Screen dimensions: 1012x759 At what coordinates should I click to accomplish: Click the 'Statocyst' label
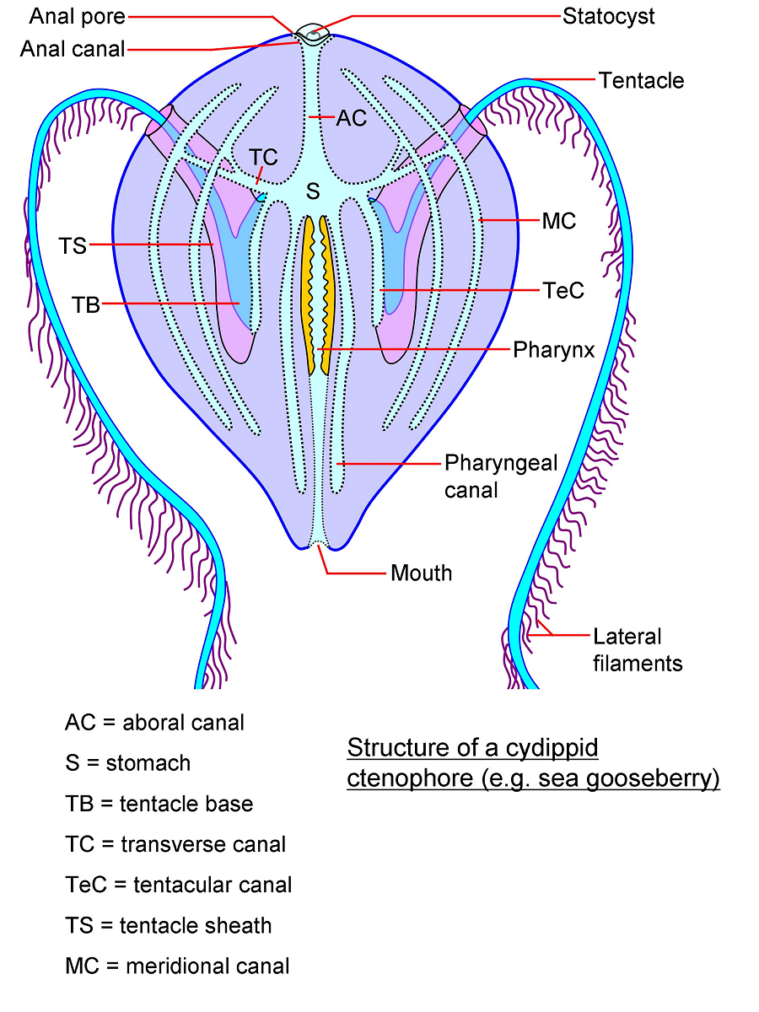[x=608, y=16]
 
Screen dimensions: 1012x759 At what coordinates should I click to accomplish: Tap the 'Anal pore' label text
[x=78, y=16]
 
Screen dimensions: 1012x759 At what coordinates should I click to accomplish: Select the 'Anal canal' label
[x=73, y=49]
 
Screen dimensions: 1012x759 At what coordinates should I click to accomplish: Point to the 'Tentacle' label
[x=641, y=81]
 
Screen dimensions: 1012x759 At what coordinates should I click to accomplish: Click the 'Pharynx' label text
[x=553, y=349]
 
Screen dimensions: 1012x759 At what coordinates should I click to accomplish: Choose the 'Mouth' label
[x=421, y=573]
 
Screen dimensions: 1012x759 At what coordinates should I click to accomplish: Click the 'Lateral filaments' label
[x=637, y=650]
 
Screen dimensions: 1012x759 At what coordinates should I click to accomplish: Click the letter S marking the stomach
[x=313, y=192]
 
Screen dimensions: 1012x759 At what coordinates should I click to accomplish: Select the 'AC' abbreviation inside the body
[x=351, y=119]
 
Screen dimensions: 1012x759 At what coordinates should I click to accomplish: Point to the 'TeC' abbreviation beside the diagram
[x=562, y=291]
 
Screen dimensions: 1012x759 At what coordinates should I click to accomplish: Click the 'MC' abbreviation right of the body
[x=558, y=221]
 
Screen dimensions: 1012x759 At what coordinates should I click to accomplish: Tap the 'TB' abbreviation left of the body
[x=86, y=304]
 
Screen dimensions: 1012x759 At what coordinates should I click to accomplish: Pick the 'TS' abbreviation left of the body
[x=73, y=245]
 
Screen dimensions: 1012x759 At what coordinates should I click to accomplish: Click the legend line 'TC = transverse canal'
[x=175, y=844]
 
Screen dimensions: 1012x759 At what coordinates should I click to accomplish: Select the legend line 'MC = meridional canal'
[x=177, y=966]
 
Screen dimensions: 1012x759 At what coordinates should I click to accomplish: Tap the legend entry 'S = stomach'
[x=128, y=763]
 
